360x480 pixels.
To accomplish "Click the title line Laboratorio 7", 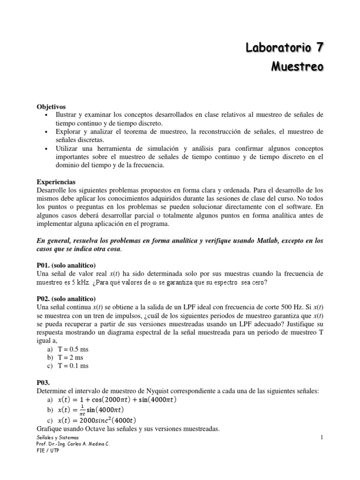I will click(285, 47).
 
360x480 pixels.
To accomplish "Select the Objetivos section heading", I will click(51, 106).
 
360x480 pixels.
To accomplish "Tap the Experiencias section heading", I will click(56, 181).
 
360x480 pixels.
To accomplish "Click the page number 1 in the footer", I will click(322, 437).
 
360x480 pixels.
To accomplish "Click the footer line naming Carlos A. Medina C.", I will click(73, 444).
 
